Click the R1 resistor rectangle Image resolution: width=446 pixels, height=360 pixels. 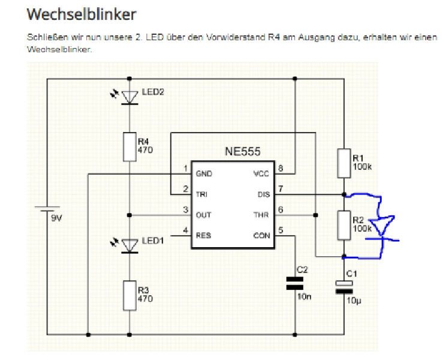tap(343, 163)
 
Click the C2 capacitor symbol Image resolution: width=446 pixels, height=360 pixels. tap(295, 283)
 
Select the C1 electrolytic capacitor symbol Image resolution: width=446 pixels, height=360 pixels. tap(343, 287)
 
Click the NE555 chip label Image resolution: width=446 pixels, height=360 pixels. tap(243, 152)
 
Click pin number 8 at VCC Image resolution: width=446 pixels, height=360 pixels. tap(281, 168)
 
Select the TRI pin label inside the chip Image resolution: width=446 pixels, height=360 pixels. tap(201, 194)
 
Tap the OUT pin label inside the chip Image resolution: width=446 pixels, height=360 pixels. tap(203, 215)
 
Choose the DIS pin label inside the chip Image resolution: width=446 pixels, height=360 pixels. tap(263, 194)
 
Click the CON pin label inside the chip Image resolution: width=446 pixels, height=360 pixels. tap(262, 235)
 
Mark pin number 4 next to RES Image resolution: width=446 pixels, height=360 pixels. tap(185, 230)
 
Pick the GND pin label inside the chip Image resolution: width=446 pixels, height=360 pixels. tap(203, 174)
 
